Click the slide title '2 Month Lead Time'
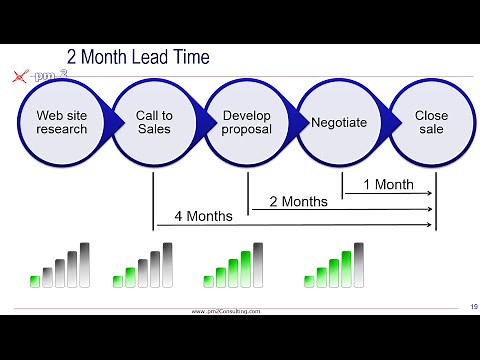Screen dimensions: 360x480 (138, 57)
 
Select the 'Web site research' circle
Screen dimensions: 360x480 (62, 122)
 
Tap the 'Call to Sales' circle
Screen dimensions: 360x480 (154, 122)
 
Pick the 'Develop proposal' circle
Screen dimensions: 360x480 (246, 122)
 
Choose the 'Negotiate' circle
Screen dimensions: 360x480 (339, 122)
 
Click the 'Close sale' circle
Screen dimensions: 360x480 (431, 122)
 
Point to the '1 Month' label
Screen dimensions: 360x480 (388, 184)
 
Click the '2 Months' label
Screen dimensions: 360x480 (299, 201)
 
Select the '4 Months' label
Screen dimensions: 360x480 (204, 216)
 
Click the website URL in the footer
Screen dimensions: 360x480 (226, 311)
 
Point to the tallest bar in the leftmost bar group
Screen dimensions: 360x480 (85, 264)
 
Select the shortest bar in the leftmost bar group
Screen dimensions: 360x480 (35, 281)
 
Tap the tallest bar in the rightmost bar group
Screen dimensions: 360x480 (359, 264)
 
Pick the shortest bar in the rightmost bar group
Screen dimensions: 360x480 (309, 281)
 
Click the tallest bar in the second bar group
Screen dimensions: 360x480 (167, 264)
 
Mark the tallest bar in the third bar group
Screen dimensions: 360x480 (258, 264)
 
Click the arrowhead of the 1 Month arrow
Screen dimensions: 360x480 (430, 193)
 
